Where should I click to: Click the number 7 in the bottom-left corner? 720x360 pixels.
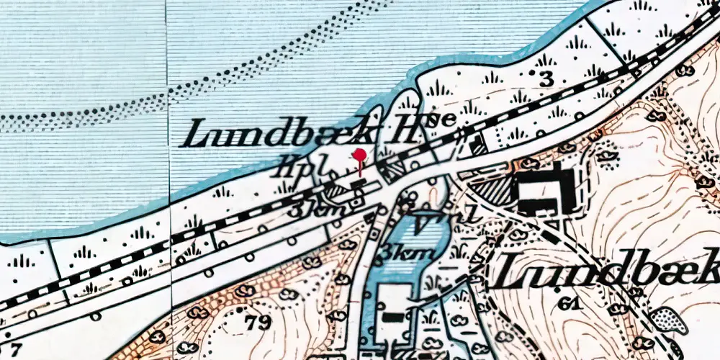click(6, 351)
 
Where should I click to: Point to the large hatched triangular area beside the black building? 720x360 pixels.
click(491, 192)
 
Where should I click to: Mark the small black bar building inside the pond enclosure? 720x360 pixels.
click(392, 315)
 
